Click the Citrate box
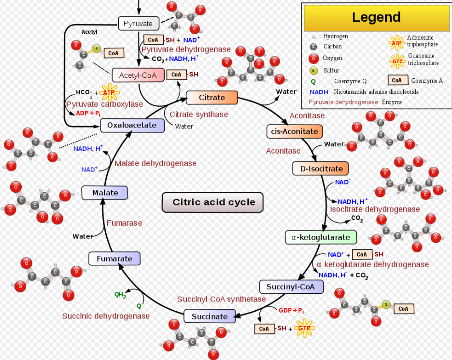pyautogui.click(x=212, y=98)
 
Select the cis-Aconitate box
pyautogui.click(x=295, y=131)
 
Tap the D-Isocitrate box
pyautogui.click(x=321, y=169)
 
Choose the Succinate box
pyautogui.click(x=209, y=317)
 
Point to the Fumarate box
pyautogui.click(x=114, y=259)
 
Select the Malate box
pyautogui.click(x=105, y=193)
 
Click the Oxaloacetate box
pyautogui.click(x=132, y=125)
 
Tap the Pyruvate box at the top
pyautogui.click(x=138, y=23)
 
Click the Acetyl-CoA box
pyautogui.click(x=138, y=75)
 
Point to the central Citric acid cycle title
pyautogui.click(x=214, y=202)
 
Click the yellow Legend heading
pyautogui.click(x=376, y=17)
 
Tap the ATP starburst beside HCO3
pyautogui.click(x=109, y=92)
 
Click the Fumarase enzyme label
pyautogui.click(x=124, y=223)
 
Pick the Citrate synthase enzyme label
pyautogui.click(x=198, y=115)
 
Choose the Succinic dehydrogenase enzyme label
pyautogui.click(x=106, y=316)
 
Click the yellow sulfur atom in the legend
pyautogui.click(x=313, y=71)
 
